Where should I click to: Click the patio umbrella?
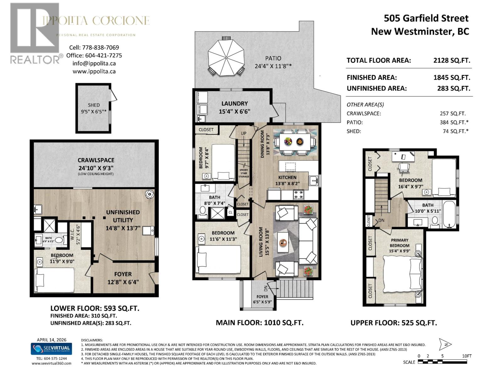[x=226, y=57]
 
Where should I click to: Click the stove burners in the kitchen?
[x=298, y=194]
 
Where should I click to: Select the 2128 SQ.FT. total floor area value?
[x=452, y=60]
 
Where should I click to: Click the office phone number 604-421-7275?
[x=103, y=55]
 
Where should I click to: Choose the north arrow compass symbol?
[x=445, y=344]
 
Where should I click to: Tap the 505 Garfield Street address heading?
[x=426, y=18]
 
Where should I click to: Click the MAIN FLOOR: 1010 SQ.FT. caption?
[x=259, y=323]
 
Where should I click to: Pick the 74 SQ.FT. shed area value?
[x=455, y=131]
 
